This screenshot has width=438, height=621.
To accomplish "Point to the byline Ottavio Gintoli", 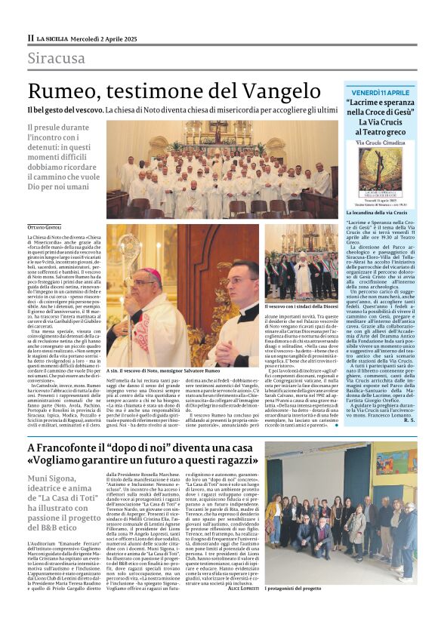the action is coord(47,227).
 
